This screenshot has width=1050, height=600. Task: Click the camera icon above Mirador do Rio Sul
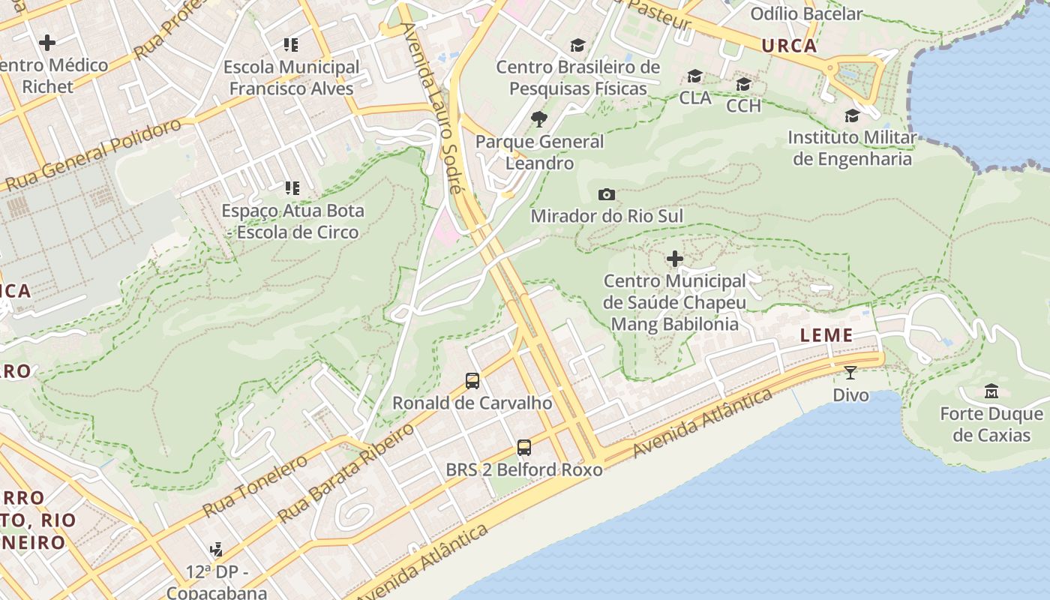(607, 195)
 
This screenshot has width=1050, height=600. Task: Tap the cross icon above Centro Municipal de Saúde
(675, 259)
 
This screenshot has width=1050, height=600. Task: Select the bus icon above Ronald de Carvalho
(472, 381)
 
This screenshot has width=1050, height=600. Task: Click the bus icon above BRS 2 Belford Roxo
(524, 448)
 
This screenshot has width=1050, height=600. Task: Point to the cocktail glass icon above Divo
(850, 372)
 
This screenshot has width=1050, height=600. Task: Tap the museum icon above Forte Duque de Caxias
(991, 391)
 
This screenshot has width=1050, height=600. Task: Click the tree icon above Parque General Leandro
(538, 118)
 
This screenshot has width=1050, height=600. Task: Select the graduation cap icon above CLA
(695, 76)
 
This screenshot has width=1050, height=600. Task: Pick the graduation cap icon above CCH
(743, 84)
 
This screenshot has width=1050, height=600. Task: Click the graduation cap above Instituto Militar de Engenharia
(852, 115)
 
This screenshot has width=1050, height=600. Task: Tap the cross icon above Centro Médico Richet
(47, 43)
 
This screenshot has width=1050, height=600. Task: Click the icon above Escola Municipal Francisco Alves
(291, 45)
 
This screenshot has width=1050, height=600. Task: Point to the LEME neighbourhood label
(826, 335)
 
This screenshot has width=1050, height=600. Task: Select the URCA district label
(789, 46)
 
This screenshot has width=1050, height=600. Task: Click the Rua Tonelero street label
(255, 486)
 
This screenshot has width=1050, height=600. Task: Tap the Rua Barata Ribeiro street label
(346, 473)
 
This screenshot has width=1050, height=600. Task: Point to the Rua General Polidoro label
(94, 154)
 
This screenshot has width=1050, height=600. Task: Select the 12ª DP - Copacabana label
(217, 582)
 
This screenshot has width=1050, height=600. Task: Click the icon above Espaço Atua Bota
(292, 188)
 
